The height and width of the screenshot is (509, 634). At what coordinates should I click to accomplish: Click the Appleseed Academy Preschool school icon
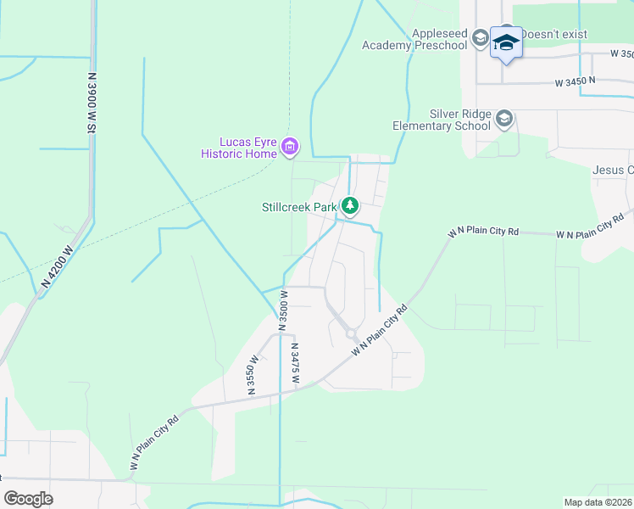click(x=480, y=37)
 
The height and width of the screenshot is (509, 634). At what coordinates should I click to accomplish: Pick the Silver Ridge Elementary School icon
click(x=505, y=118)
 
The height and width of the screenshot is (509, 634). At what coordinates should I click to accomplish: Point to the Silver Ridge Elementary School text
click(x=442, y=120)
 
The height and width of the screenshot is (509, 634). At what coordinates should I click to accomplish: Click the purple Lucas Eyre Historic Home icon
click(x=290, y=147)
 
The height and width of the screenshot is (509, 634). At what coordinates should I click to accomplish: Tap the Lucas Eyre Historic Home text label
click(x=239, y=148)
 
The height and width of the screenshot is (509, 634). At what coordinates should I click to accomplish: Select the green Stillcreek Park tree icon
click(x=349, y=205)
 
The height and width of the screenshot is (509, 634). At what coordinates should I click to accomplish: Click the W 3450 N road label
click(x=576, y=82)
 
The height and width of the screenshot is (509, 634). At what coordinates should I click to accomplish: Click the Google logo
click(x=29, y=499)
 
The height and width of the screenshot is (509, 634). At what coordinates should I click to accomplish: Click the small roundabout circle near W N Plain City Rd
click(x=351, y=334)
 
